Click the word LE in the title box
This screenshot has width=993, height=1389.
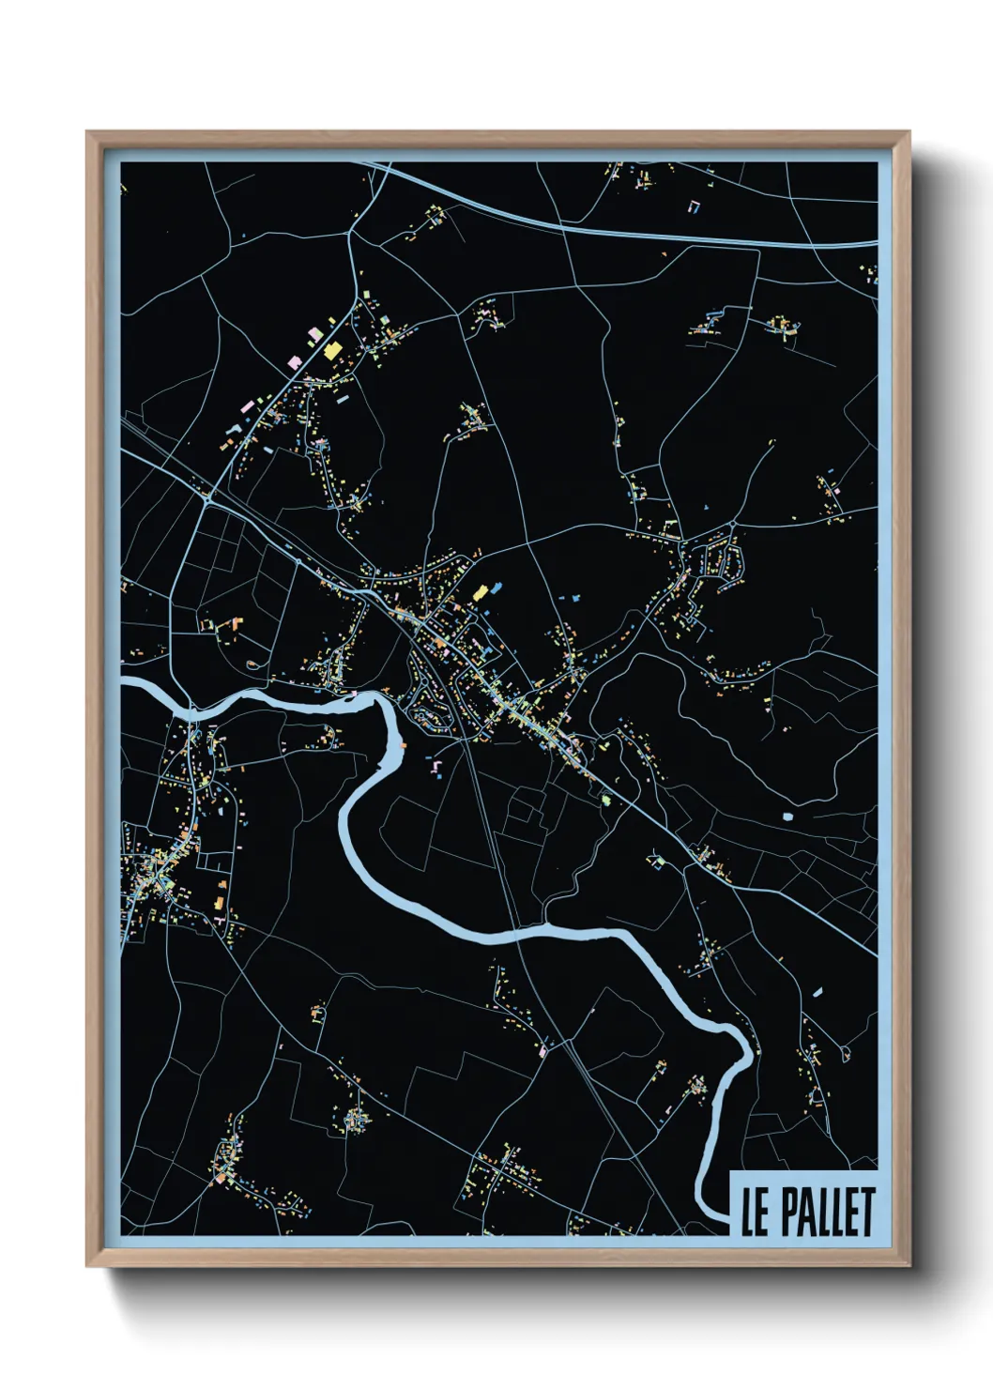[755, 1212]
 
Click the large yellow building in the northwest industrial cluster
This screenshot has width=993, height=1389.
[332, 350]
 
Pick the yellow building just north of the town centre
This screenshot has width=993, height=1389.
[481, 592]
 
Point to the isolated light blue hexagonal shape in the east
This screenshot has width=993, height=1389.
[787, 817]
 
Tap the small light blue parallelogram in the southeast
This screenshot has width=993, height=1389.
[817, 990]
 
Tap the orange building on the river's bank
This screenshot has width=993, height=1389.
[403, 745]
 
